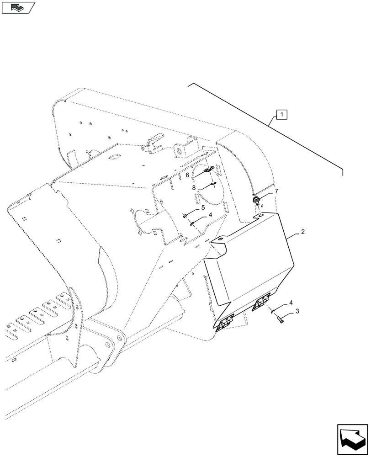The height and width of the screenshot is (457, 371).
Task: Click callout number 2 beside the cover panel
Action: point(302,233)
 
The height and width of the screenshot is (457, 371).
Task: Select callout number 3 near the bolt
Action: point(297,311)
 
